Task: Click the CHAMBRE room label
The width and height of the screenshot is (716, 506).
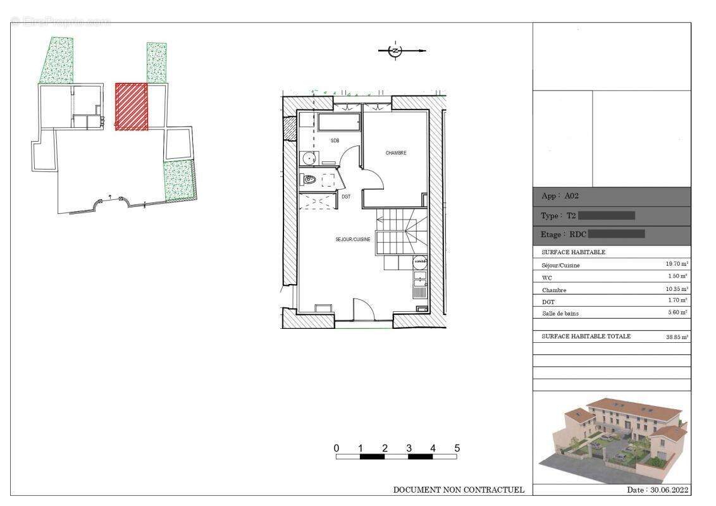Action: [x=396, y=153]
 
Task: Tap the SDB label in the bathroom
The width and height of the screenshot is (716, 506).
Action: [x=335, y=140]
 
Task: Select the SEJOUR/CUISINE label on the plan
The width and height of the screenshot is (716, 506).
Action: [x=352, y=240]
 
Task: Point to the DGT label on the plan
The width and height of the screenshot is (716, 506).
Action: [x=346, y=197]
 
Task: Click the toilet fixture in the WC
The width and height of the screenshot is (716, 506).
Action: [x=309, y=180]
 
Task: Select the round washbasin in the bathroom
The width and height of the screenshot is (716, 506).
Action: [x=308, y=158]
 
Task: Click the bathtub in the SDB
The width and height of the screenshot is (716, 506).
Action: [x=338, y=121]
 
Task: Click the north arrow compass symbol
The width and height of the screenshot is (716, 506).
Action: [x=395, y=51]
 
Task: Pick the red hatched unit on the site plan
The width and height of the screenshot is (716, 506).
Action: [x=132, y=106]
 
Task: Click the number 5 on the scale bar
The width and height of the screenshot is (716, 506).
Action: [x=457, y=448]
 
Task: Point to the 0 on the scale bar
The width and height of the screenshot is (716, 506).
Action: [x=336, y=448]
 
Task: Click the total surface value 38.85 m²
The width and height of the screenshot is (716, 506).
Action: [x=677, y=337]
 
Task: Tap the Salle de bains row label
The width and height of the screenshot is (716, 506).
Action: [x=560, y=313]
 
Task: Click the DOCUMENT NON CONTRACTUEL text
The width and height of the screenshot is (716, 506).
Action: [x=459, y=490]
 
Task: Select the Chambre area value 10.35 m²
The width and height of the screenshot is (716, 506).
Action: [x=676, y=289]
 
